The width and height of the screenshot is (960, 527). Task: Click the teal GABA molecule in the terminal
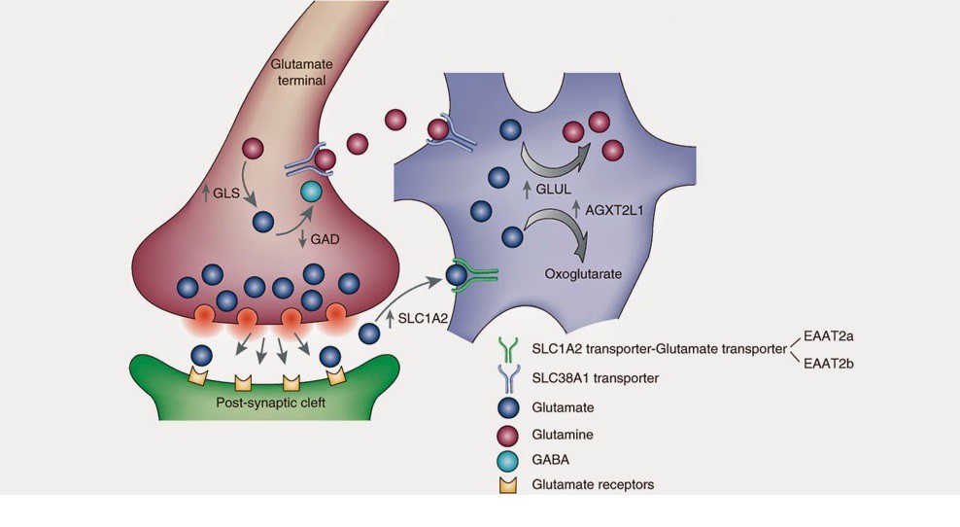(x=311, y=192)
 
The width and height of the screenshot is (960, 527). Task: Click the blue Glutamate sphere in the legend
(x=505, y=408)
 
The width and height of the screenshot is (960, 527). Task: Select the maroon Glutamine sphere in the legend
(x=505, y=434)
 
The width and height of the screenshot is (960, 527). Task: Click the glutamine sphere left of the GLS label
(x=252, y=149)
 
